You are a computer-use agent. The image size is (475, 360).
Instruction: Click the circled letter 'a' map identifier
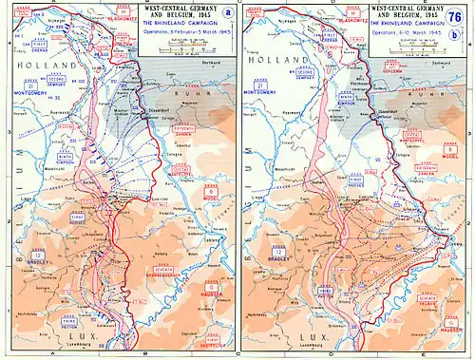coord(217,12)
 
